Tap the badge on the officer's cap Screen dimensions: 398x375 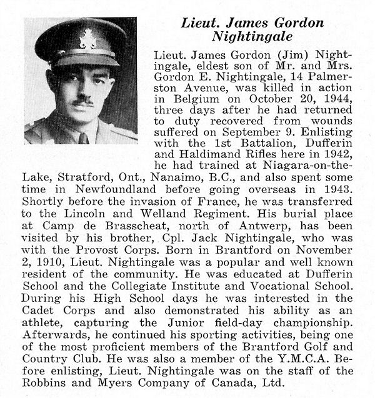[x=87, y=39]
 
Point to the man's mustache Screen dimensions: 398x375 [x=83, y=99]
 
